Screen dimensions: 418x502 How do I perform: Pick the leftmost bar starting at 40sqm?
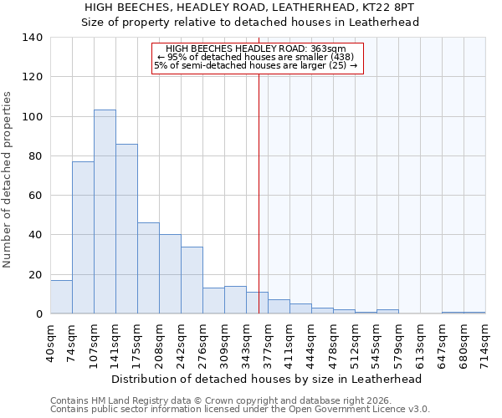tap(61, 297)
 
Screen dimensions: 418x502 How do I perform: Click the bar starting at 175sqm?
tap(148, 268)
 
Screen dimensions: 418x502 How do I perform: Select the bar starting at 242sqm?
tap(192, 280)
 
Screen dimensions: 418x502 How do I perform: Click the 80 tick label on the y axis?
tap(35, 156)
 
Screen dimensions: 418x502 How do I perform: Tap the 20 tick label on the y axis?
tap(35, 275)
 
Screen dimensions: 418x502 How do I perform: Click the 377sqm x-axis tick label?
tap(269, 342)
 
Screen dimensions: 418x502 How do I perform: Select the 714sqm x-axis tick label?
tap(486, 342)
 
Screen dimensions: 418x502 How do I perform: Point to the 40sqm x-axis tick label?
tap(51, 342)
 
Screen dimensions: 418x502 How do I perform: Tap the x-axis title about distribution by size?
tap(266, 379)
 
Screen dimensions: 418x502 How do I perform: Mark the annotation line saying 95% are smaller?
tap(258, 57)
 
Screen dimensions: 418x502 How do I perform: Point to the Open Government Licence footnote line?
tap(240, 409)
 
